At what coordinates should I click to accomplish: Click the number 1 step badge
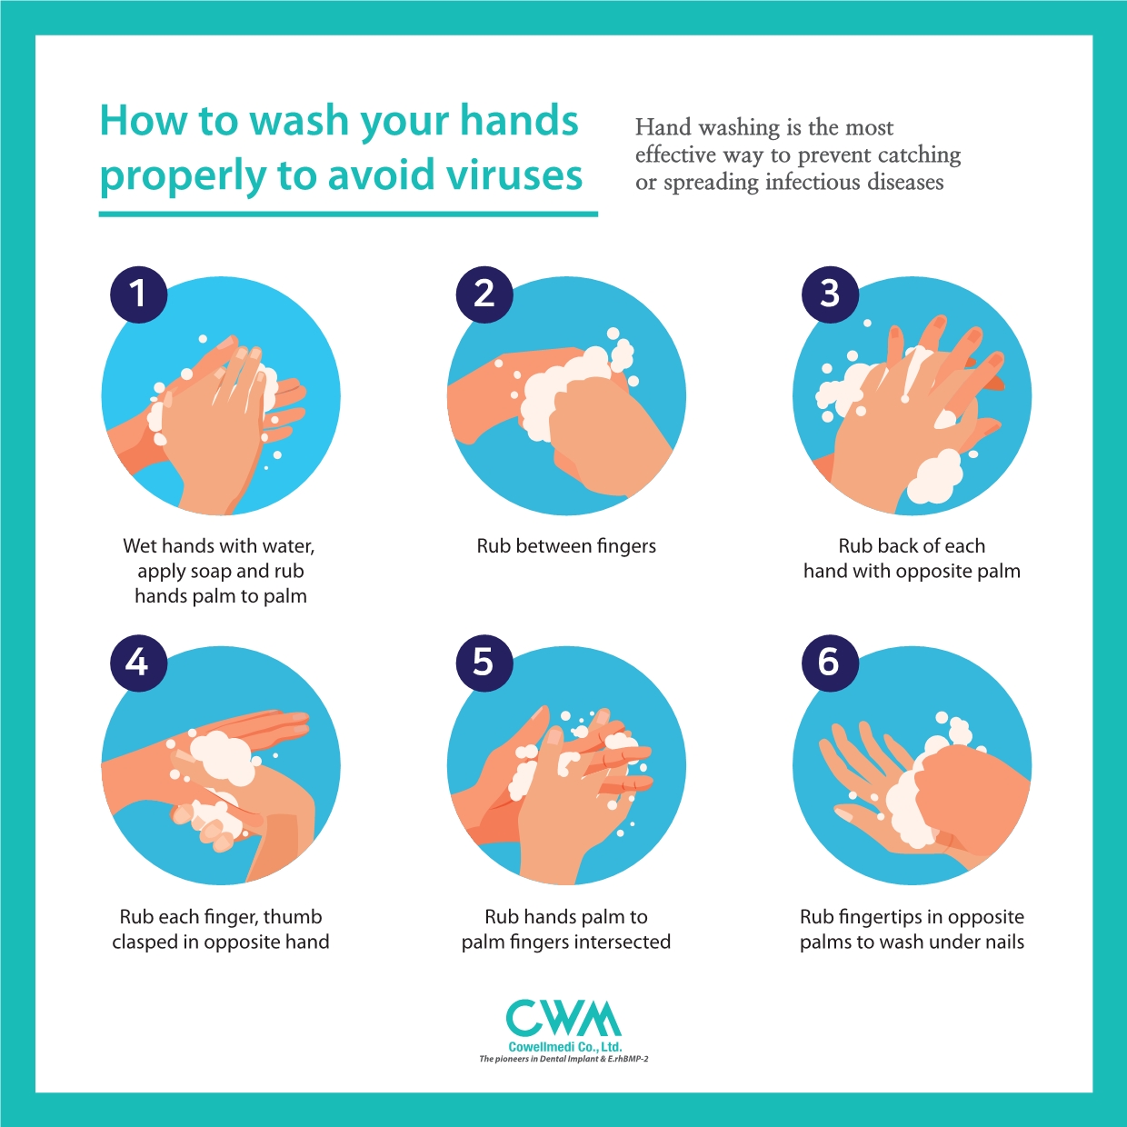coord(139,294)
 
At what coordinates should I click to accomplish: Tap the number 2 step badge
coord(484,294)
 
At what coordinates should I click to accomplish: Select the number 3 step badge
coord(830,294)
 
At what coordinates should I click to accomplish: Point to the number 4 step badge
coord(139,663)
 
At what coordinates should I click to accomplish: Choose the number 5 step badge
coord(484,663)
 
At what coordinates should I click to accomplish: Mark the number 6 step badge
coord(830,663)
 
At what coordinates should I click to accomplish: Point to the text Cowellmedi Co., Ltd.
coord(565,1047)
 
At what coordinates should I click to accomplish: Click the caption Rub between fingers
coord(566,545)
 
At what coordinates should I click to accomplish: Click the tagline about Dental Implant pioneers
coord(563,1059)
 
